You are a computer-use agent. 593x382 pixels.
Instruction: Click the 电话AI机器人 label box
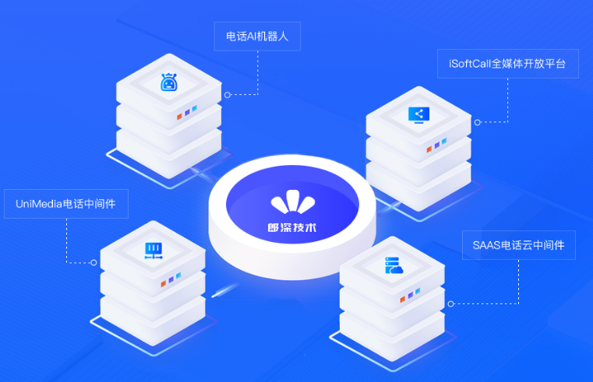[x=257, y=37]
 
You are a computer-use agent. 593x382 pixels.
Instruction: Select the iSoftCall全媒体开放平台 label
[x=508, y=64]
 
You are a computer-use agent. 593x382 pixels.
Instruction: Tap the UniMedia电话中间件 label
[x=66, y=204]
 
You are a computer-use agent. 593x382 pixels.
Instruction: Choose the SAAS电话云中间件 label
[x=519, y=245]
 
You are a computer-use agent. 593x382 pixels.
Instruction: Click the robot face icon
[x=168, y=82]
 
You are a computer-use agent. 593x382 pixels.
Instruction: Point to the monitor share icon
[x=418, y=115]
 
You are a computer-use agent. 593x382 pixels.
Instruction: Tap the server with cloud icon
[x=394, y=265]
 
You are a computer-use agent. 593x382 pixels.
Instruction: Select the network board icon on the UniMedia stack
[x=154, y=251]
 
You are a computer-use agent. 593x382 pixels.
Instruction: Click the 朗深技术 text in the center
[x=292, y=228]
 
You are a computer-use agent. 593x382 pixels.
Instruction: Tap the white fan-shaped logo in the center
[x=293, y=202]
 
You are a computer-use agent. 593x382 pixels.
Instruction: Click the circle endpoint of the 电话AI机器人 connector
[x=228, y=95]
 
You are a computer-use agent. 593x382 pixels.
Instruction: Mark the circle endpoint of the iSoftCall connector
[x=477, y=122]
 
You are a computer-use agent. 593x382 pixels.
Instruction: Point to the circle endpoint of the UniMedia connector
[x=94, y=262]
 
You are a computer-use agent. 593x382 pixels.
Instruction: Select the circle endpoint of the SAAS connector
[x=450, y=304]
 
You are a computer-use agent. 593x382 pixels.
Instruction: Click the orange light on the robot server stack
[x=180, y=117]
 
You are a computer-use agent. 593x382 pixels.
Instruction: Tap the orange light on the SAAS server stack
[x=403, y=300]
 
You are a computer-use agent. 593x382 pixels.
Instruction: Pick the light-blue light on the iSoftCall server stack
[x=444, y=141]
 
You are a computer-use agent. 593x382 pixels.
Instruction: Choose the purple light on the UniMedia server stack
[x=171, y=279]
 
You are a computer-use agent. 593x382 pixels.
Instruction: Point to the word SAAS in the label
[x=487, y=245]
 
